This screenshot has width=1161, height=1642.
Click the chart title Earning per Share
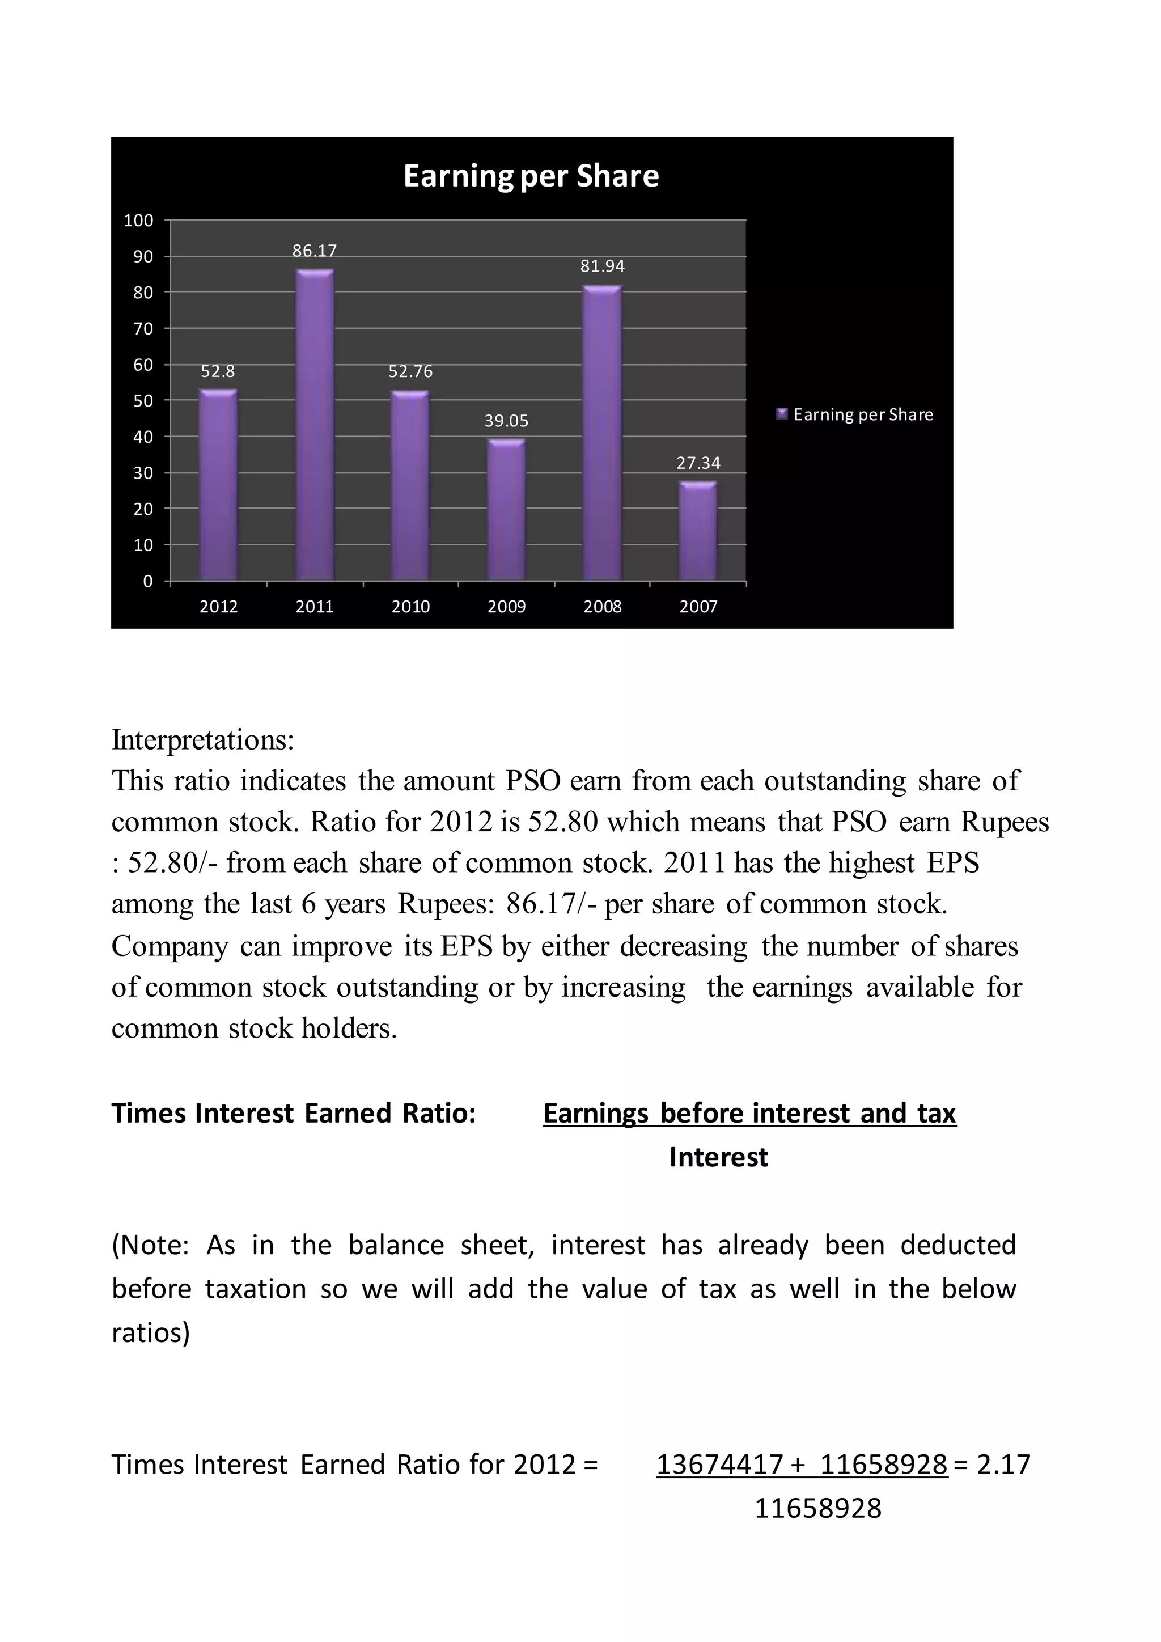531,176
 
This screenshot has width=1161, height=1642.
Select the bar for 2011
315,425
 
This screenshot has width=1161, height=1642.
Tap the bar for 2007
698,531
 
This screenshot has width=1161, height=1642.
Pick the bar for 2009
506,509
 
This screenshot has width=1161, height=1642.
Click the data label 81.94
602,266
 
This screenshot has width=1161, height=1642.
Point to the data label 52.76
410,372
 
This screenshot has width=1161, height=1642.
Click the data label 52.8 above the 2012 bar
218,372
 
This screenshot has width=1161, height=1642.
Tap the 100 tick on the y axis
139,220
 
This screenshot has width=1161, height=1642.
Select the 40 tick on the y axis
143,437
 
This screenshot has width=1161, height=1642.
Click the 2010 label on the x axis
410,607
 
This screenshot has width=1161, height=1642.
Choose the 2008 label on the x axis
602,607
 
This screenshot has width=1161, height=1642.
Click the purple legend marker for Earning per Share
782,413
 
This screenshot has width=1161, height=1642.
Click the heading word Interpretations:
203,740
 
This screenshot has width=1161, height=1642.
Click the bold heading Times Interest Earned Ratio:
294,1114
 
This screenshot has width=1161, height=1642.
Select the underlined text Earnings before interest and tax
749,1114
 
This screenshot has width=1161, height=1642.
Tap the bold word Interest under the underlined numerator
718,1157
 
